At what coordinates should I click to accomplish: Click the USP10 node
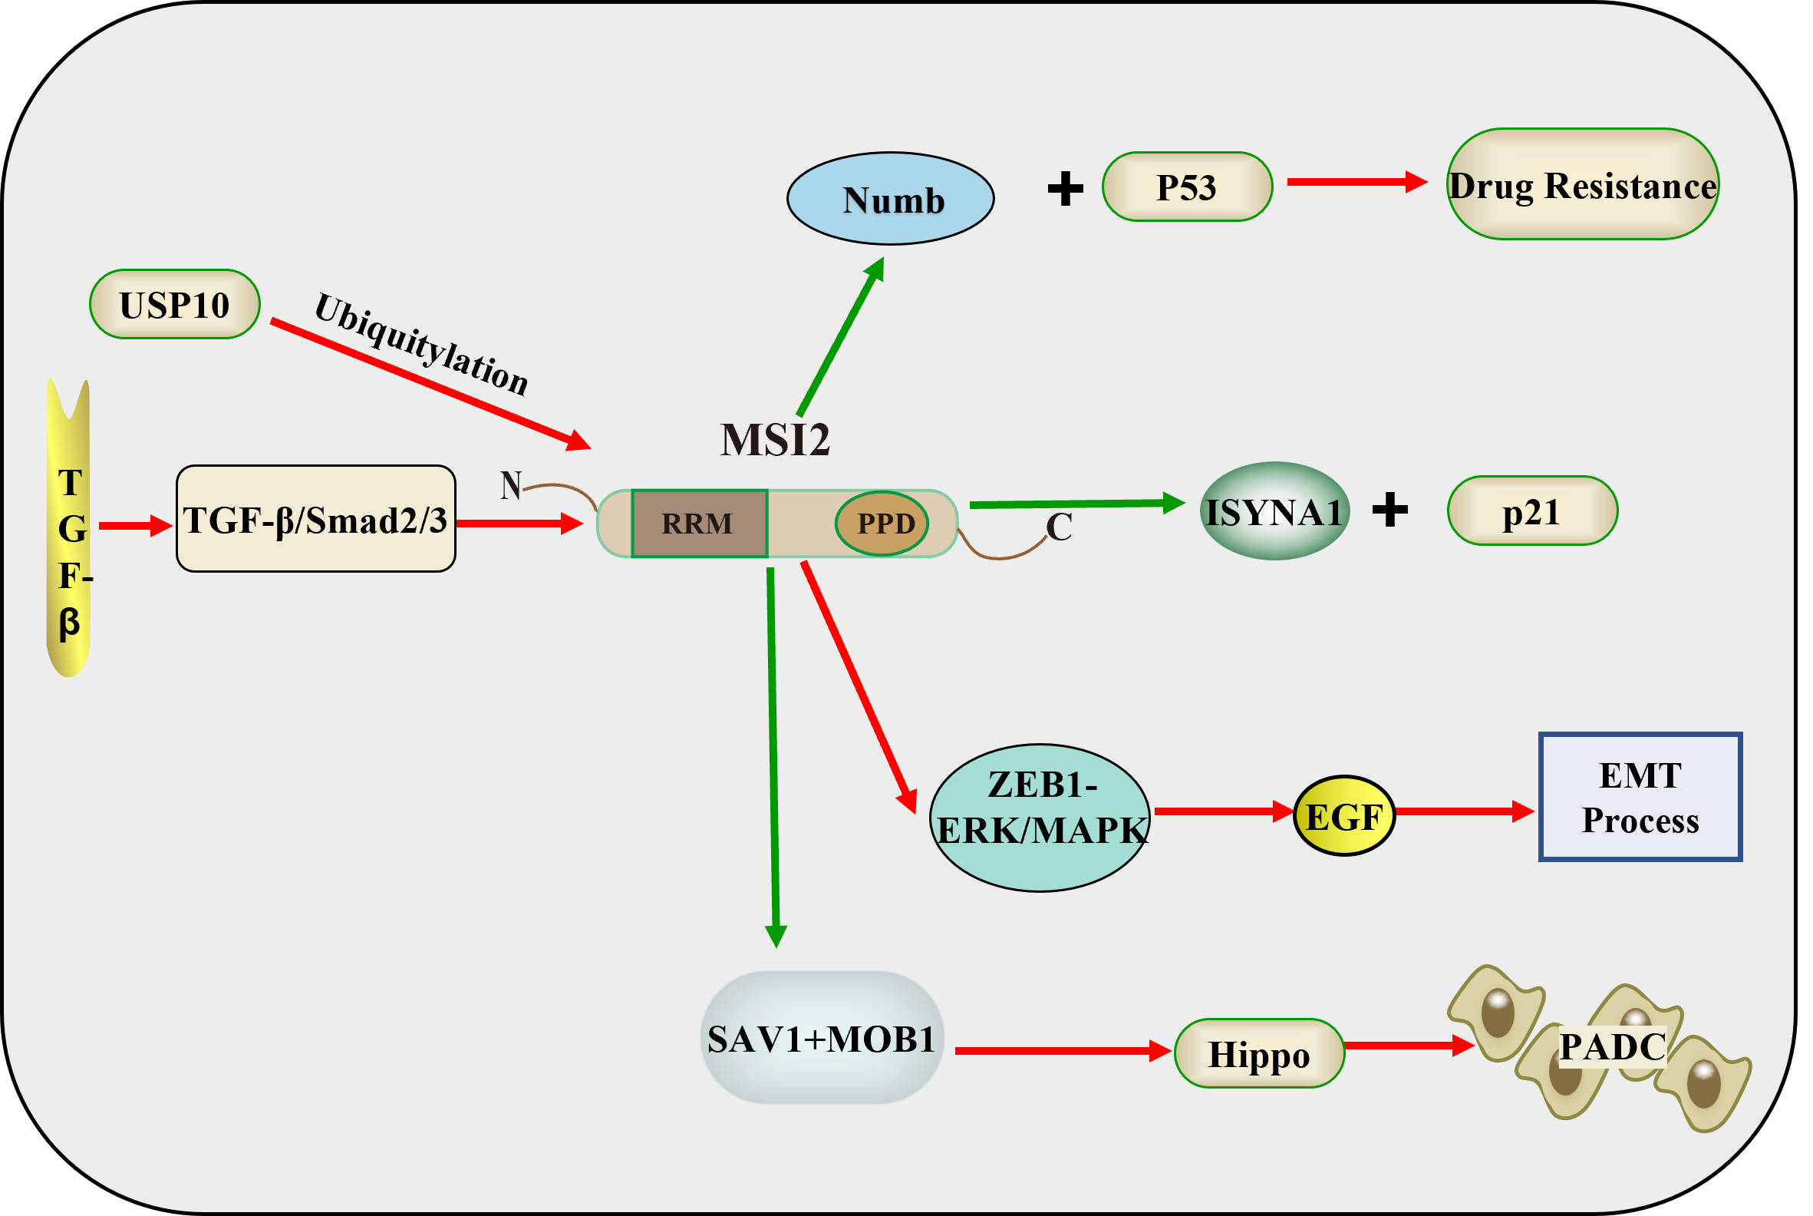174,305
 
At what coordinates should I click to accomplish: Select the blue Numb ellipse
891,200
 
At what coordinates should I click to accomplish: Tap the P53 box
1187,187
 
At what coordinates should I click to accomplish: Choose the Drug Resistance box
1583,184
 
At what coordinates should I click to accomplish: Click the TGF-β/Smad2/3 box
315,520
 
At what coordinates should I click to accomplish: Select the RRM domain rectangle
699,524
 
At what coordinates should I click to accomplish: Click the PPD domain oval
883,524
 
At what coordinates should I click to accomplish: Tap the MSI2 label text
775,440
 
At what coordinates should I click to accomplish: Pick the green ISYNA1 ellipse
1274,512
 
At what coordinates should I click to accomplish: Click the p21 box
1532,512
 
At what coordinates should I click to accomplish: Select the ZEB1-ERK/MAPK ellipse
1040,818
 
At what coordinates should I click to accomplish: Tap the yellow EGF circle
1344,816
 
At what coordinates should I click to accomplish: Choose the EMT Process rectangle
1640,796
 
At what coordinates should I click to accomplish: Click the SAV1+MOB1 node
822,1039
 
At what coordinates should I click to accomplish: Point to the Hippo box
1259,1054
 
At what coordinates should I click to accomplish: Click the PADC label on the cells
1612,1047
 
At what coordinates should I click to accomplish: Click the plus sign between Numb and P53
1065,188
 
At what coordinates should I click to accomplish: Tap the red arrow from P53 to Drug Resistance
1356,182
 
